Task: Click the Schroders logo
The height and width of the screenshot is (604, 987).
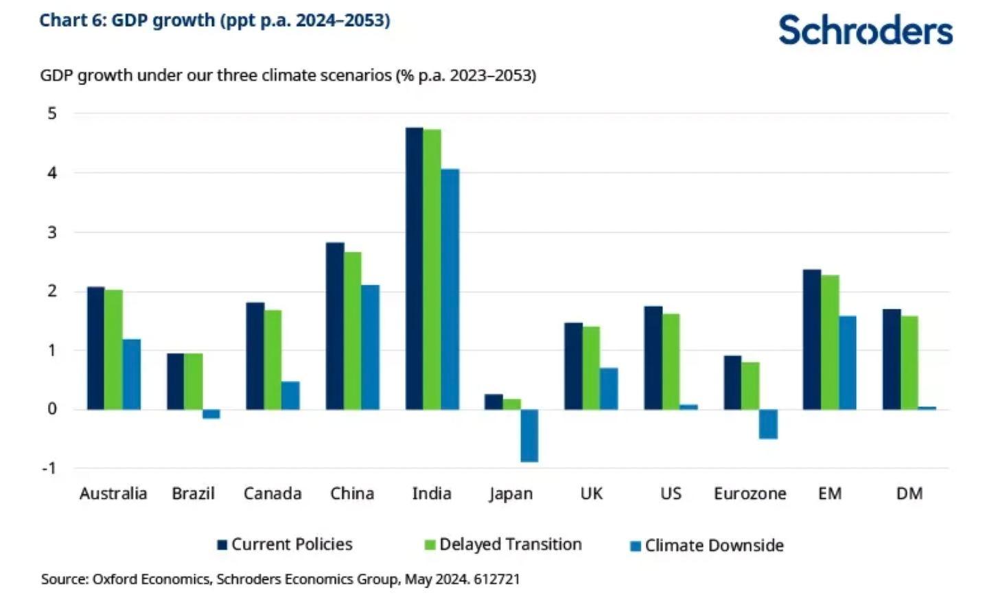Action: (865, 31)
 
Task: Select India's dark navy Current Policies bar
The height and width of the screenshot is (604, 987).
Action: (414, 268)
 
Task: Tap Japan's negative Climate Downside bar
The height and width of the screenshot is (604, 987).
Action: (529, 435)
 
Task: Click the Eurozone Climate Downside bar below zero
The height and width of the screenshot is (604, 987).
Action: (768, 423)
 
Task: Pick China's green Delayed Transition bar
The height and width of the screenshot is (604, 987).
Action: (352, 331)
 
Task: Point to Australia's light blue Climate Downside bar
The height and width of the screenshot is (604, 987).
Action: (132, 374)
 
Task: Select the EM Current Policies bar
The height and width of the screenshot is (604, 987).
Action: (812, 339)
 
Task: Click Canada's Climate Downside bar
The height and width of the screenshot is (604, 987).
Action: (290, 395)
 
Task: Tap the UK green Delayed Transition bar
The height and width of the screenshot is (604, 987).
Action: (591, 368)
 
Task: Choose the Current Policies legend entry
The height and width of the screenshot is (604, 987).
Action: (285, 544)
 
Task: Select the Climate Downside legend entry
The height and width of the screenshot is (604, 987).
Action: (707, 546)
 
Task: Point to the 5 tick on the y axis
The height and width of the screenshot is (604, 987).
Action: (52, 113)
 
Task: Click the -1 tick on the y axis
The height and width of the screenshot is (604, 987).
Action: (49, 468)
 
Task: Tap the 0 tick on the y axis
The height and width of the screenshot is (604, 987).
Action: (52, 409)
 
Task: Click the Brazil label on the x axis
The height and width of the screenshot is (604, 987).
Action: (193, 493)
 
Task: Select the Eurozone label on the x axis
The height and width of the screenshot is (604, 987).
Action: (750, 493)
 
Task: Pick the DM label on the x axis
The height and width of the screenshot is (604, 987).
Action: (909, 493)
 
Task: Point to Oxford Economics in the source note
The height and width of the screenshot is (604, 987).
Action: (150, 579)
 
